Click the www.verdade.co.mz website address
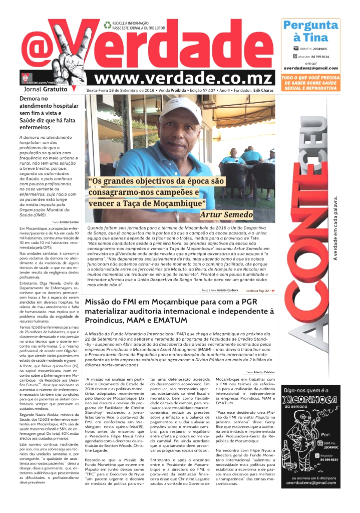(183, 78)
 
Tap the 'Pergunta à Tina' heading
(310, 31)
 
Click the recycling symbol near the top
(107, 24)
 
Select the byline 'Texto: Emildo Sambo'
(65, 221)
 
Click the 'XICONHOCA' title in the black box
(311, 400)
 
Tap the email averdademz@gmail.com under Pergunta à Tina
(310, 68)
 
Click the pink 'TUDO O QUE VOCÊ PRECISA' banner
(310, 83)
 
